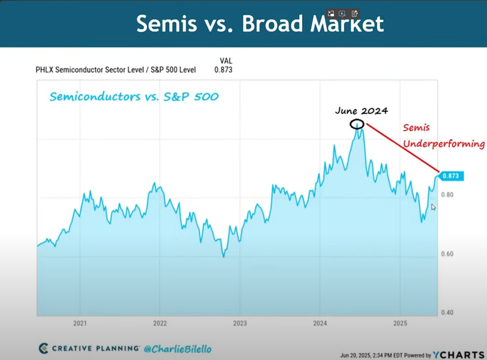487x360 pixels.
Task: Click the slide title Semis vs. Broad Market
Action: click(x=260, y=24)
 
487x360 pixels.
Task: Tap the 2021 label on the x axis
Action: click(x=80, y=323)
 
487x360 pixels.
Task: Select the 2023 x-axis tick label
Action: click(x=240, y=323)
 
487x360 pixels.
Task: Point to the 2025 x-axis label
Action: click(x=400, y=323)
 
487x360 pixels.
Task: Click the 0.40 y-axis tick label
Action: click(x=447, y=312)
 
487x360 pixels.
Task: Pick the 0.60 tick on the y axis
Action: click(x=447, y=254)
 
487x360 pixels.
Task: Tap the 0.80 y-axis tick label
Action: click(x=447, y=195)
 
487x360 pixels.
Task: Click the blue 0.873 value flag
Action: click(x=451, y=176)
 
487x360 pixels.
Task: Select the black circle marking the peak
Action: click(x=357, y=124)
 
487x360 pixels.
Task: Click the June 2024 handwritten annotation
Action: click(x=361, y=111)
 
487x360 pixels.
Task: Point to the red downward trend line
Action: click(x=402, y=147)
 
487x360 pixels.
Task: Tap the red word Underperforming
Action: click(x=444, y=144)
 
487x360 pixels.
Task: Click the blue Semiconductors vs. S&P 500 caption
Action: click(x=134, y=97)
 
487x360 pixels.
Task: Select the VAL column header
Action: click(x=226, y=61)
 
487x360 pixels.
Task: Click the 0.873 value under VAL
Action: click(x=223, y=70)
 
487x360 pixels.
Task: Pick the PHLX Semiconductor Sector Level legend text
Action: click(x=90, y=70)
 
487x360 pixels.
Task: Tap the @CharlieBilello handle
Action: click(x=178, y=349)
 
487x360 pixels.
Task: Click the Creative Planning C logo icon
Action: click(x=43, y=348)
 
